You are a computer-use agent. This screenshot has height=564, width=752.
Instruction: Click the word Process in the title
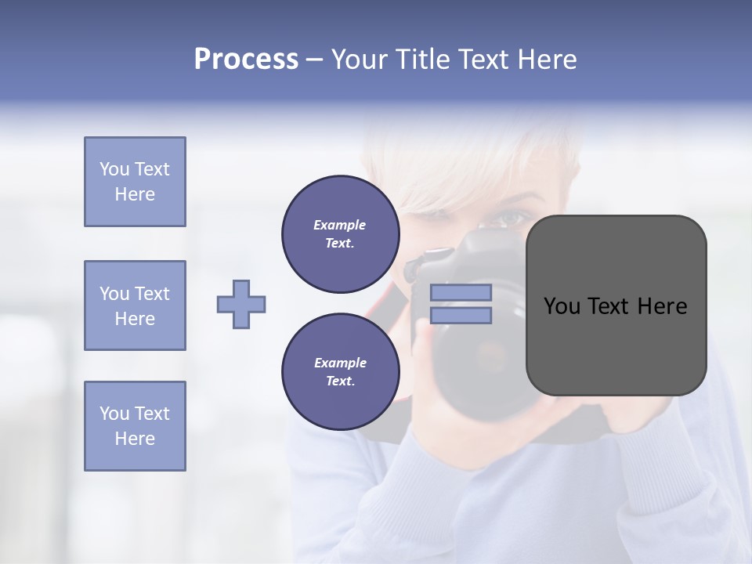pyautogui.click(x=246, y=60)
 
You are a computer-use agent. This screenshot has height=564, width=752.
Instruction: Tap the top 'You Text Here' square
pyautogui.click(x=135, y=182)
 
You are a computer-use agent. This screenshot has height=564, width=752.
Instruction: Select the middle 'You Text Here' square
pyautogui.click(x=135, y=305)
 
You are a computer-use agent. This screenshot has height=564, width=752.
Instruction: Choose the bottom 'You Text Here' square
pyautogui.click(x=135, y=425)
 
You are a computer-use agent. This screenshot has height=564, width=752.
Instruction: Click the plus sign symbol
pyautogui.click(x=241, y=304)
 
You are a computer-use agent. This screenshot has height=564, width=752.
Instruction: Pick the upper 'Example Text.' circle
pyautogui.click(x=340, y=234)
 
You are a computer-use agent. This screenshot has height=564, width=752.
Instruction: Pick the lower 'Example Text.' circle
pyautogui.click(x=340, y=372)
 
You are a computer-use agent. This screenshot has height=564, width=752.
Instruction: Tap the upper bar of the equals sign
pyautogui.click(x=461, y=292)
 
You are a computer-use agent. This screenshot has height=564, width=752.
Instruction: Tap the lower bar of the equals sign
pyautogui.click(x=461, y=316)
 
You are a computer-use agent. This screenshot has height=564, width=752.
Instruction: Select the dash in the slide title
pyautogui.click(x=315, y=60)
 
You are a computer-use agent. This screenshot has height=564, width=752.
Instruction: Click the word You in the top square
pyautogui.click(x=114, y=169)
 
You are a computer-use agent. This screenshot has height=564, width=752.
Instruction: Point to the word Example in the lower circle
pyautogui.click(x=340, y=363)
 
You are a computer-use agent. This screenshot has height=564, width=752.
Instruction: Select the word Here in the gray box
pyautogui.click(x=662, y=306)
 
